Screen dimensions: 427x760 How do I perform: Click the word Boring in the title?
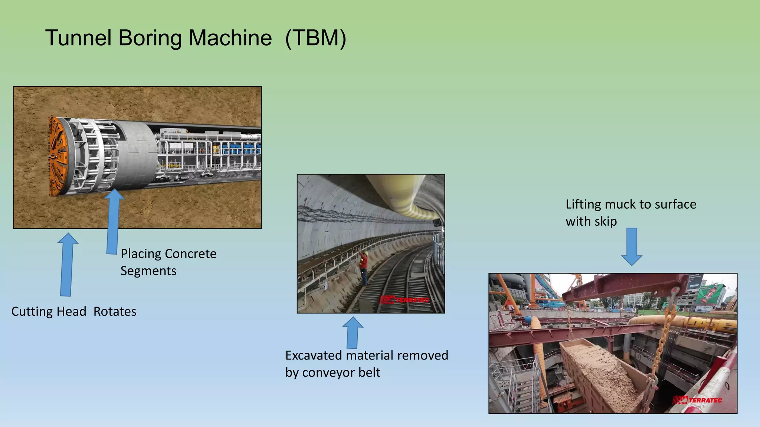pyautogui.click(x=151, y=38)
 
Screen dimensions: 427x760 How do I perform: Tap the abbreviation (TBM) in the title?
pyautogui.click(x=315, y=38)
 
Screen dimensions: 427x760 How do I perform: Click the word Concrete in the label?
pyautogui.click(x=191, y=254)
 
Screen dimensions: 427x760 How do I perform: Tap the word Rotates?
pyautogui.click(x=115, y=311)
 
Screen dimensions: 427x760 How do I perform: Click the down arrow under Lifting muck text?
pyautogui.click(x=631, y=246)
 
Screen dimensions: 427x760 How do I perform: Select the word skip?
pyautogui.click(x=605, y=221)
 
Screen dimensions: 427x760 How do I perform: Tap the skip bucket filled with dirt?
pyautogui.click(x=601, y=374)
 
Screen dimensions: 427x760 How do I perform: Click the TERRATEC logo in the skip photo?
pyautogui.click(x=698, y=400)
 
